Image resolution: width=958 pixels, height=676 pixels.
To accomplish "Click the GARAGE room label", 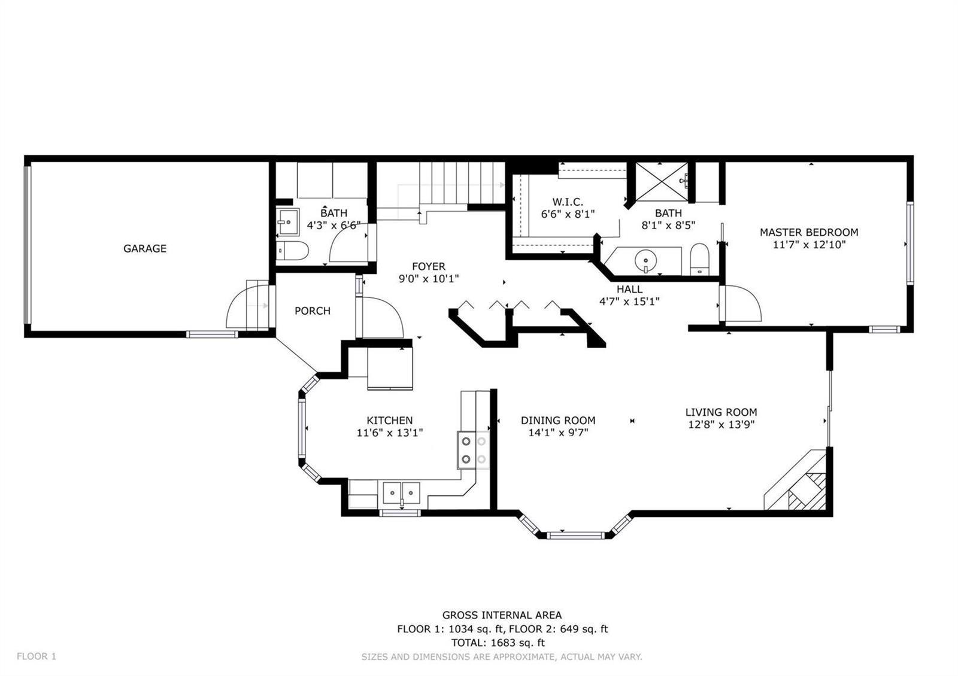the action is (x=144, y=248).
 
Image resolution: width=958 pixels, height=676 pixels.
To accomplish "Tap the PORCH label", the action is (x=312, y=310).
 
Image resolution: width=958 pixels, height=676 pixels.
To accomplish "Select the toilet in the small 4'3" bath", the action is (x=292, y=251).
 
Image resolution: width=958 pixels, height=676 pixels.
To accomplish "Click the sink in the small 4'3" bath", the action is (x=287, y=221).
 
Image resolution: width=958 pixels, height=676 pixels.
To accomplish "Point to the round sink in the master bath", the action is (x=645, y=260).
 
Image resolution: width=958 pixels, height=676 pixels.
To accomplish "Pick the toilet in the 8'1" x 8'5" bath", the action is (x=699, y=260).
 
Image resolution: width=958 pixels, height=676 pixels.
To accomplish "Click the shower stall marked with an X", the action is (x=662, y=182).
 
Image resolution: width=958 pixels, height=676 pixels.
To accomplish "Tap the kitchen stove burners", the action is (x=474, y=450).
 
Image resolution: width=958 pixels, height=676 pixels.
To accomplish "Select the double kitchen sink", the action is (x=401, y=493).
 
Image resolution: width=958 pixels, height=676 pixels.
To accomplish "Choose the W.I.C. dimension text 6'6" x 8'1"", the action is (x=568, y=214).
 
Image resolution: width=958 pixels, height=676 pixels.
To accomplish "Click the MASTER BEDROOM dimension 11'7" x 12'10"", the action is (x=809, y=245).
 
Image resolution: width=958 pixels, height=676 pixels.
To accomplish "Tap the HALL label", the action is (x=629, y=290).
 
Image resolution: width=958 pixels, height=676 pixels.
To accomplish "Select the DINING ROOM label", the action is (x=557, y=421).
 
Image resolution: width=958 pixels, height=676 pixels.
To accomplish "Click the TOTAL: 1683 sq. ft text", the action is (x=498, y=642).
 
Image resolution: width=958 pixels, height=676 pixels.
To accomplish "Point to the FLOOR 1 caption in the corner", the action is (x=37, y=656).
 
